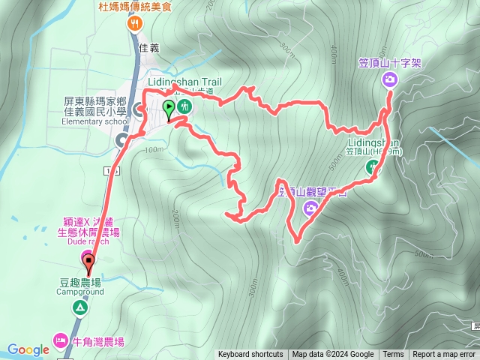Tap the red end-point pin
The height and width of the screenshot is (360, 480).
89,263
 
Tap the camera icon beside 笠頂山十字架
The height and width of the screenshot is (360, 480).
389,79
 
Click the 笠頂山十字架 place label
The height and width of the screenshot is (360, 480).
390,64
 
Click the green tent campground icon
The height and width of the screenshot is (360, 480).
80,307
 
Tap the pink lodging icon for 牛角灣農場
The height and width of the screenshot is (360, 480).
60,341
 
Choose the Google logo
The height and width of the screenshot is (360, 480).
28,349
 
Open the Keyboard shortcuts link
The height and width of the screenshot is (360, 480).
251,355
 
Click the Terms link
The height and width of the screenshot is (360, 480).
393,355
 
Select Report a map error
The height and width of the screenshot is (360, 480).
444,355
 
